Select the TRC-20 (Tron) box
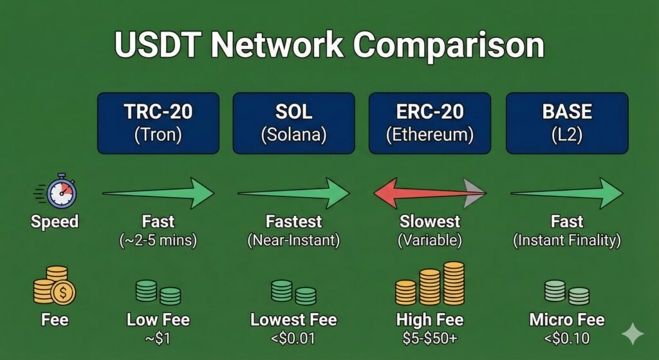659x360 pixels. tap(158, 123)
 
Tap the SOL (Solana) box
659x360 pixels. tap(293, 123)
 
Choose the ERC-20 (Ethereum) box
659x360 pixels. tap(430, 123)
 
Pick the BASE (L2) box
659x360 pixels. tap(567, 123)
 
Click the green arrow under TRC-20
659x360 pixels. tap(158, 192)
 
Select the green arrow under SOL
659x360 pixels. tap(293, 192)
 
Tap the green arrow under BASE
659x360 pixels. tap(567, 192)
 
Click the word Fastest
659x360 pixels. tap(293, 222)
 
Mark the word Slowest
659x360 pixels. tap(430, 222)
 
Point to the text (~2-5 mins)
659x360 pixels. tap(158, 241)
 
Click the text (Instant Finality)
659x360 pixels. tap(567, 241)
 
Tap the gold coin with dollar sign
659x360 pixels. tap(64, 292)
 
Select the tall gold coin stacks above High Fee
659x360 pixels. tap(430, 284)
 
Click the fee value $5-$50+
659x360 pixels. tap(430, 338)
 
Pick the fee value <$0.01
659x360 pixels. tap(293, 338)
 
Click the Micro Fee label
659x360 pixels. tap(567, 319)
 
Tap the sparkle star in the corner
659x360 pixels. tap(632, 334)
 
